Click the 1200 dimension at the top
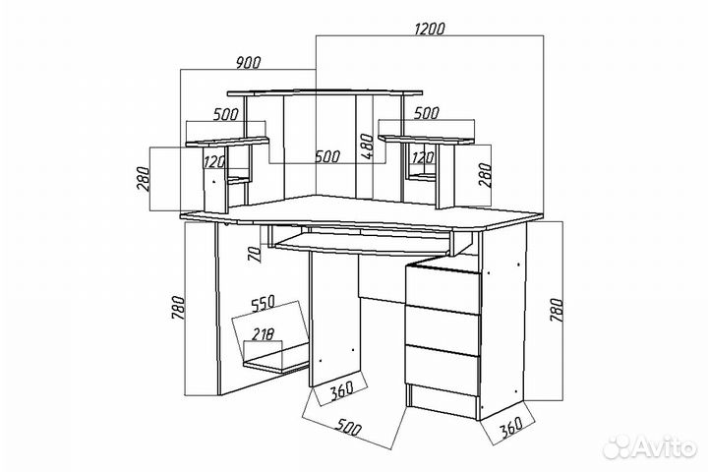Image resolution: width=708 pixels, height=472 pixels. [x=430, y=29]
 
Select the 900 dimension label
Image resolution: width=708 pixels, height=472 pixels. [x=249, y=63]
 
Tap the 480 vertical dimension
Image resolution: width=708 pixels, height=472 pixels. [x=367, y=146]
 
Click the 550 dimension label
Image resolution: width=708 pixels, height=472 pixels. [x=263, y=303]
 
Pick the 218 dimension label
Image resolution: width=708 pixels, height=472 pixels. [x=263, y=334]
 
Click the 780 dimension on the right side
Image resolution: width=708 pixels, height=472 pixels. [x=557, y=310]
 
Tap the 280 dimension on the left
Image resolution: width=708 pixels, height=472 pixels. [x=143, y=179]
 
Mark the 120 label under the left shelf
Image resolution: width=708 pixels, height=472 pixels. [x=214, y=161]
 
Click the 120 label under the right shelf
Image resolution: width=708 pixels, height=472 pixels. [x=423, y=157]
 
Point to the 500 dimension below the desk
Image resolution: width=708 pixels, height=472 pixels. [x=348, y=427]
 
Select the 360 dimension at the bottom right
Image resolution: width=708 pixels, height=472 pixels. [x=511, y=427]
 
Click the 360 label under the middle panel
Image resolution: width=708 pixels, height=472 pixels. [x=341, y=391]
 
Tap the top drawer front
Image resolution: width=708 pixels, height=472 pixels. [x=442, y=290]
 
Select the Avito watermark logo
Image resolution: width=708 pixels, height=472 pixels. [x=650, y=446]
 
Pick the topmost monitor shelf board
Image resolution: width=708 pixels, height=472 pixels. [x=325, y=92]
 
